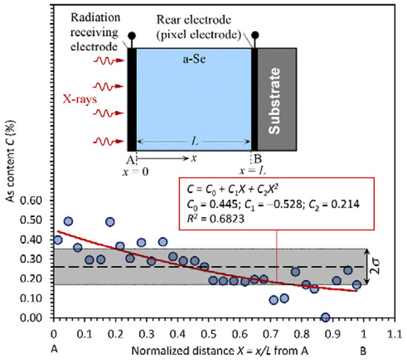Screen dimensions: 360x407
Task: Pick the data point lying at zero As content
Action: (x=325, y=317)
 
